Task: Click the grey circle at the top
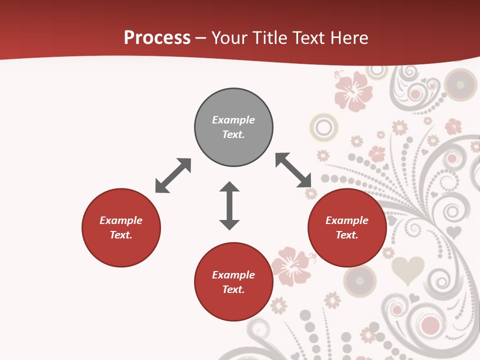pos(233,127)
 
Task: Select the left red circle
pos(121,227)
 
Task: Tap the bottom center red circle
pos(233,282)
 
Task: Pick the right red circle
pos(347,227)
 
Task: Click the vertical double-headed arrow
pos(229,206)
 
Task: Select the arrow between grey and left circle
pos(173,175)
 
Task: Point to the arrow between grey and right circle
pos(293,170)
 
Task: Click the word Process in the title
pos(157,38)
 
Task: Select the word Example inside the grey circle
pos(233,120)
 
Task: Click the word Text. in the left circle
pos(121,235)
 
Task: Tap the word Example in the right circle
pos(347,220)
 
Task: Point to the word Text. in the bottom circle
pos(233,289)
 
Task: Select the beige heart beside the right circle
pos(407,270)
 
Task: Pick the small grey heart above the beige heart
pos(453,231)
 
